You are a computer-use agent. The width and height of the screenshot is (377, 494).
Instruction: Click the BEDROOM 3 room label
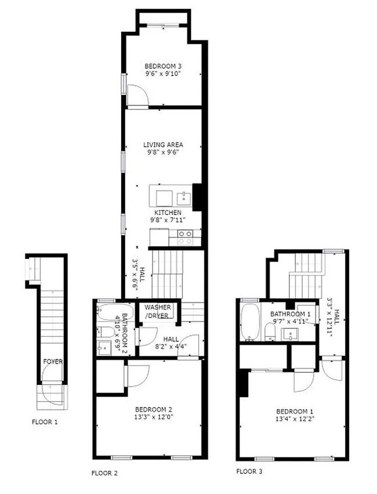click(163, 66)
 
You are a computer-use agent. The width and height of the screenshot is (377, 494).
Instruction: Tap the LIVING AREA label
click(163, 145)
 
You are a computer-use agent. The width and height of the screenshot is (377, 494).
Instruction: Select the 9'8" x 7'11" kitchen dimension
click(168, 220)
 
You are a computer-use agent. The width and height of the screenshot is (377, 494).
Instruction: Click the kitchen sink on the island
click(184, 199)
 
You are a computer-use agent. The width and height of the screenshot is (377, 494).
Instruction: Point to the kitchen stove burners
click(185, 237)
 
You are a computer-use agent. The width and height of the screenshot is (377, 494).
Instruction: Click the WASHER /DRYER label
click(158, 311)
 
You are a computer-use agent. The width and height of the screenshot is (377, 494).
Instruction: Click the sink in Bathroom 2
click(104, 348)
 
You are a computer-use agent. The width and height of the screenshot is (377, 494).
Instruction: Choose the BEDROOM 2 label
click(154, 410)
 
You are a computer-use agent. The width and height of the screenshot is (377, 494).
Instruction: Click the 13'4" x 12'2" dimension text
click(295, 419)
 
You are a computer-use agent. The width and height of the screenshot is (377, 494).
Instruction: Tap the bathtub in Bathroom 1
click(251, 322)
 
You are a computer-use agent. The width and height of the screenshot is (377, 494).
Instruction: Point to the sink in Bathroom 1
click(290, 334)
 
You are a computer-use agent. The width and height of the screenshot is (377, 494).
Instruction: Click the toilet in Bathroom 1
click(270, 333)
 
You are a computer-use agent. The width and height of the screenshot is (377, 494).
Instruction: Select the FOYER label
click(53, 362)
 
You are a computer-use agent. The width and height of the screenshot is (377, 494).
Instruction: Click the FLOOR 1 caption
click(45, 422)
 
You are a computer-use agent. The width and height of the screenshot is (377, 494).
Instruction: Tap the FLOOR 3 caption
click(249, 471)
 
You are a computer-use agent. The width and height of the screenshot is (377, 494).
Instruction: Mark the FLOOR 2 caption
click(104, 473)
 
